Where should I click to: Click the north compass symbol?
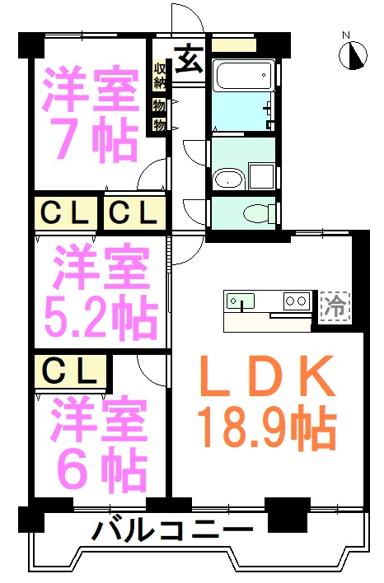click(x=354, y=55)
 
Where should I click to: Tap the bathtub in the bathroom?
click(x=243, y=76)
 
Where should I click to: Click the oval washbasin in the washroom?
click(x=228, y=180)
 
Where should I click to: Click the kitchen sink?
click(x=241, y=301)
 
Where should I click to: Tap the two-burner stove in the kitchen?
click(x=297, y=301)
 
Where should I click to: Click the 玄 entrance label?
click(x=190, y=59)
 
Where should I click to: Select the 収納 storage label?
click(x=160, y=76)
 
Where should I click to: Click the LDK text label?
click(x=268, y=375)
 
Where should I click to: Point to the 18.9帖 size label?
click(x=267, y=428)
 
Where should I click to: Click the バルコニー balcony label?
click(x=172, y=529)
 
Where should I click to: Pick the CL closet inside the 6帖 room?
click(x=71, y=372)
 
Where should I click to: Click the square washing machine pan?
click(x=262, y=176)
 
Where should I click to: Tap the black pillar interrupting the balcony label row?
click(x=288, y=515)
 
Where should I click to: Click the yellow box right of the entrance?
click(x=234, y=45)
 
